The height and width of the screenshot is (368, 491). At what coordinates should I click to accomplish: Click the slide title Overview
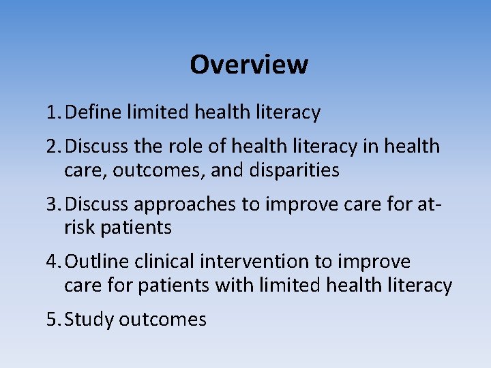[x=249, y=65]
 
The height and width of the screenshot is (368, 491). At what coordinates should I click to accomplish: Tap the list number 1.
[x=54, y=112]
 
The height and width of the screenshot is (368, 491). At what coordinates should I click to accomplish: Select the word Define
[x=95, y=112]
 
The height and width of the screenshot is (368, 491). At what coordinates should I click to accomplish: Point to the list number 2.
[x=54, y=147]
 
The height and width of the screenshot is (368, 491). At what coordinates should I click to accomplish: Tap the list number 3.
[x=54, y=204]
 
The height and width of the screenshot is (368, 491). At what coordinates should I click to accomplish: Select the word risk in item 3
[x=78, y=227]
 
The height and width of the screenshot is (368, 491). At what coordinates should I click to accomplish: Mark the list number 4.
[x=54, y=262]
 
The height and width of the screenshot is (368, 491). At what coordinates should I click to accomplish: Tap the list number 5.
[x=54, y=319]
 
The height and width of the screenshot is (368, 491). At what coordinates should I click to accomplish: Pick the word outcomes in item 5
[x=162, y=320]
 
